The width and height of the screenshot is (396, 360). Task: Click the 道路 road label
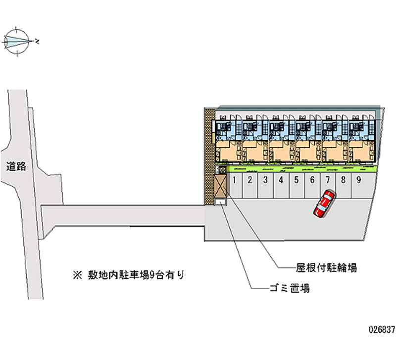coord(16,167)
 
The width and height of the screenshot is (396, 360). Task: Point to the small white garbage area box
coord(220,202)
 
